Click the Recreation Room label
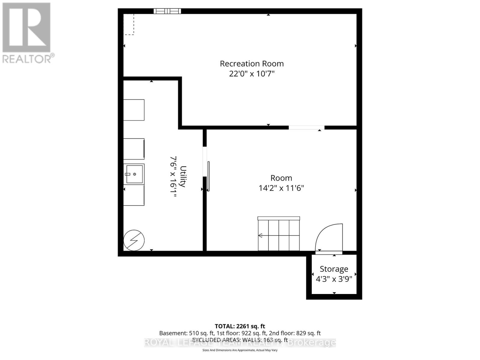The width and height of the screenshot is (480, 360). pos(252,64)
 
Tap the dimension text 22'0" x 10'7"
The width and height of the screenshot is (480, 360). pos(252,73)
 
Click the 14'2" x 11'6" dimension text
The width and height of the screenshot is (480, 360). pos(281,188)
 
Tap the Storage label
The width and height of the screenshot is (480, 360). pos(334,269)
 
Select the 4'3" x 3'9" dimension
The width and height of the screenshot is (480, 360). pos(334,279)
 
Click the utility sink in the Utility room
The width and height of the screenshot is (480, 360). pos(134,174)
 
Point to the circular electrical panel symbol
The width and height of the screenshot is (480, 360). pos(134,240)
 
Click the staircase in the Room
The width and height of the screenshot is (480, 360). pos(279,234)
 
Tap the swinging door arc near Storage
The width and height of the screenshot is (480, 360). pos(329,237)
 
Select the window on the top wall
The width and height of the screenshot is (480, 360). pos(167,11)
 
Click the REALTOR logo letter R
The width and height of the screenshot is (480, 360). pos(26,27)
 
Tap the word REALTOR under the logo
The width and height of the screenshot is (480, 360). pos(27,59)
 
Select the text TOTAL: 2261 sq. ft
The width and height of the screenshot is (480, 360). pos(240,326)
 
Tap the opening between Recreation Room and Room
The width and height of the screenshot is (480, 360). pos(307,127)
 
